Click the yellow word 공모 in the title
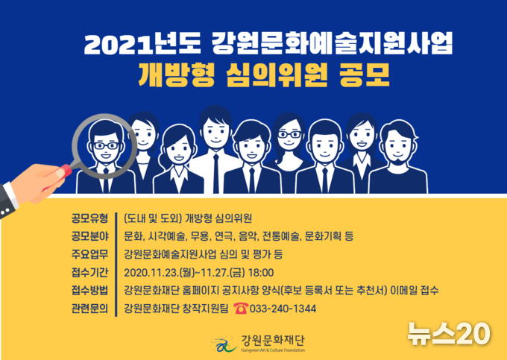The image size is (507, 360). tap(365, 75)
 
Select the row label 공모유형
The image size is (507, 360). tap(89, 218)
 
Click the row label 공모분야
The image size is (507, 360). tap(89, 236)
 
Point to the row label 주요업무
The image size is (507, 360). tap(89, 254)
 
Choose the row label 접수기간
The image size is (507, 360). tap(89, 273)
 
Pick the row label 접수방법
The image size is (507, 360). tap(89, 291)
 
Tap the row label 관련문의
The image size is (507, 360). tap(89, 309)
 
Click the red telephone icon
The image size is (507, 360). tap(241, 309)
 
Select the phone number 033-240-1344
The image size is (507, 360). tap(283, 309)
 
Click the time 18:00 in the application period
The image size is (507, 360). tap(261, 273)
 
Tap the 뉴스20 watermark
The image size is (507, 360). tap(449, 333)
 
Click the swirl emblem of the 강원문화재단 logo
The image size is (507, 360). tap(224, 344)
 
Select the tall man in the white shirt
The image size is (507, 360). tap(215, 152)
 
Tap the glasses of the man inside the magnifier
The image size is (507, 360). tap(106, 146)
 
